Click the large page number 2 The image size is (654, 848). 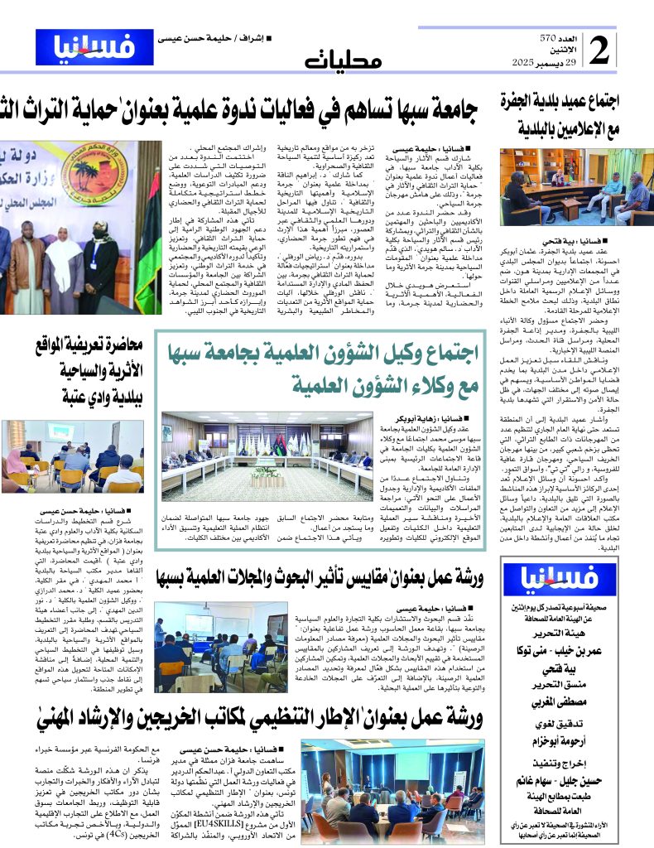pyautogui.click(x=599, y=51)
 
